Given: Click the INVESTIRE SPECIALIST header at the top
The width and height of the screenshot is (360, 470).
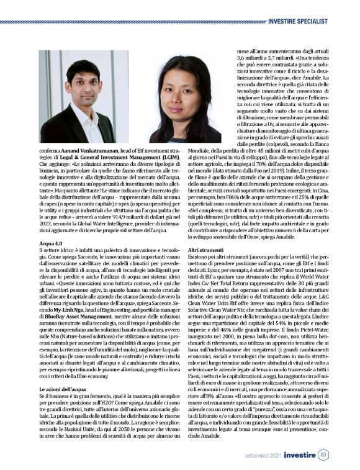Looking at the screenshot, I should click(x=306, y=5).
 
